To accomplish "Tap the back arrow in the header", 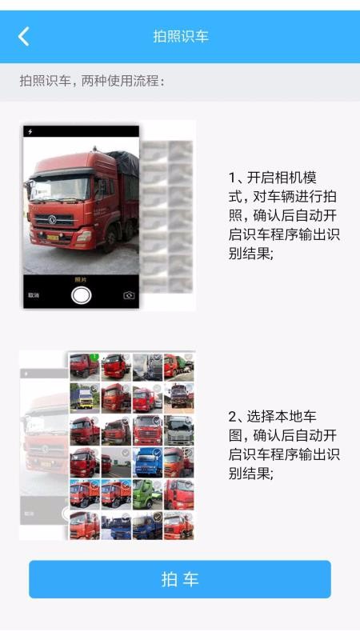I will pos(24,36).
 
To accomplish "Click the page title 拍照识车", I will pos(181,37).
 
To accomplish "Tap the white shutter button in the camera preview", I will pos(81,295).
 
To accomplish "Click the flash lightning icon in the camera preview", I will pos(31,131).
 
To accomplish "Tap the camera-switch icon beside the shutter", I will pos(129,295).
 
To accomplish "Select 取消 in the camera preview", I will pos(34,295).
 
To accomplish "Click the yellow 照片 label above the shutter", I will pos(81,279).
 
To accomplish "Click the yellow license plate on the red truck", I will pos(53,237).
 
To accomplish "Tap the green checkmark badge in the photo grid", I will pos(94,357).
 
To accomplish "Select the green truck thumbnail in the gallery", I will pos(147,494).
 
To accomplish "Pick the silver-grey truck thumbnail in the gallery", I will pos(178,430).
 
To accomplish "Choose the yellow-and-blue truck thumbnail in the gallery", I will pos(84,398).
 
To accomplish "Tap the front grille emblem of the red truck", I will pos(51,218).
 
